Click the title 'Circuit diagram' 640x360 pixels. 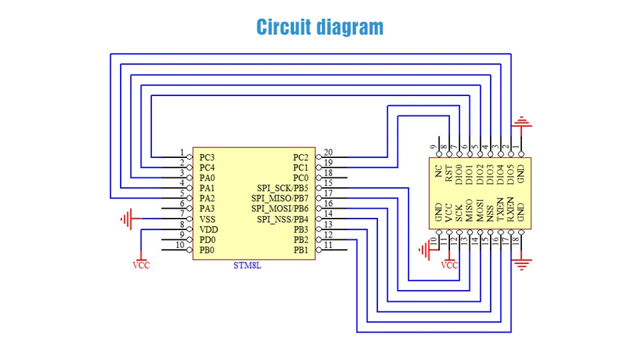[320, 27]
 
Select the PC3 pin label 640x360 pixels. [207, 157]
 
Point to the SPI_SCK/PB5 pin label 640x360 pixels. [283, 188]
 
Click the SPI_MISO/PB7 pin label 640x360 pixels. [280, 198]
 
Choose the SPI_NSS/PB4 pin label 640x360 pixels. [283, 219]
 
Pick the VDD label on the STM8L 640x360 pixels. [207, 229]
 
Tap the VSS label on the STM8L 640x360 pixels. [207, 219]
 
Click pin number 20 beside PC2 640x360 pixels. [327, 152]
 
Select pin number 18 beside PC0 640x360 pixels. [327, 173]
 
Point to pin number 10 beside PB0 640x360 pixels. [179, 245]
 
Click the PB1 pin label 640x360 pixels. [301, 250]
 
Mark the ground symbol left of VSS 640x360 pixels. [129, 217]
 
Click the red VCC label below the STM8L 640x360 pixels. [141, 265]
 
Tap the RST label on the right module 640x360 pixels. [449, 173]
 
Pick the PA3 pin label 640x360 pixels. [207, 209]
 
